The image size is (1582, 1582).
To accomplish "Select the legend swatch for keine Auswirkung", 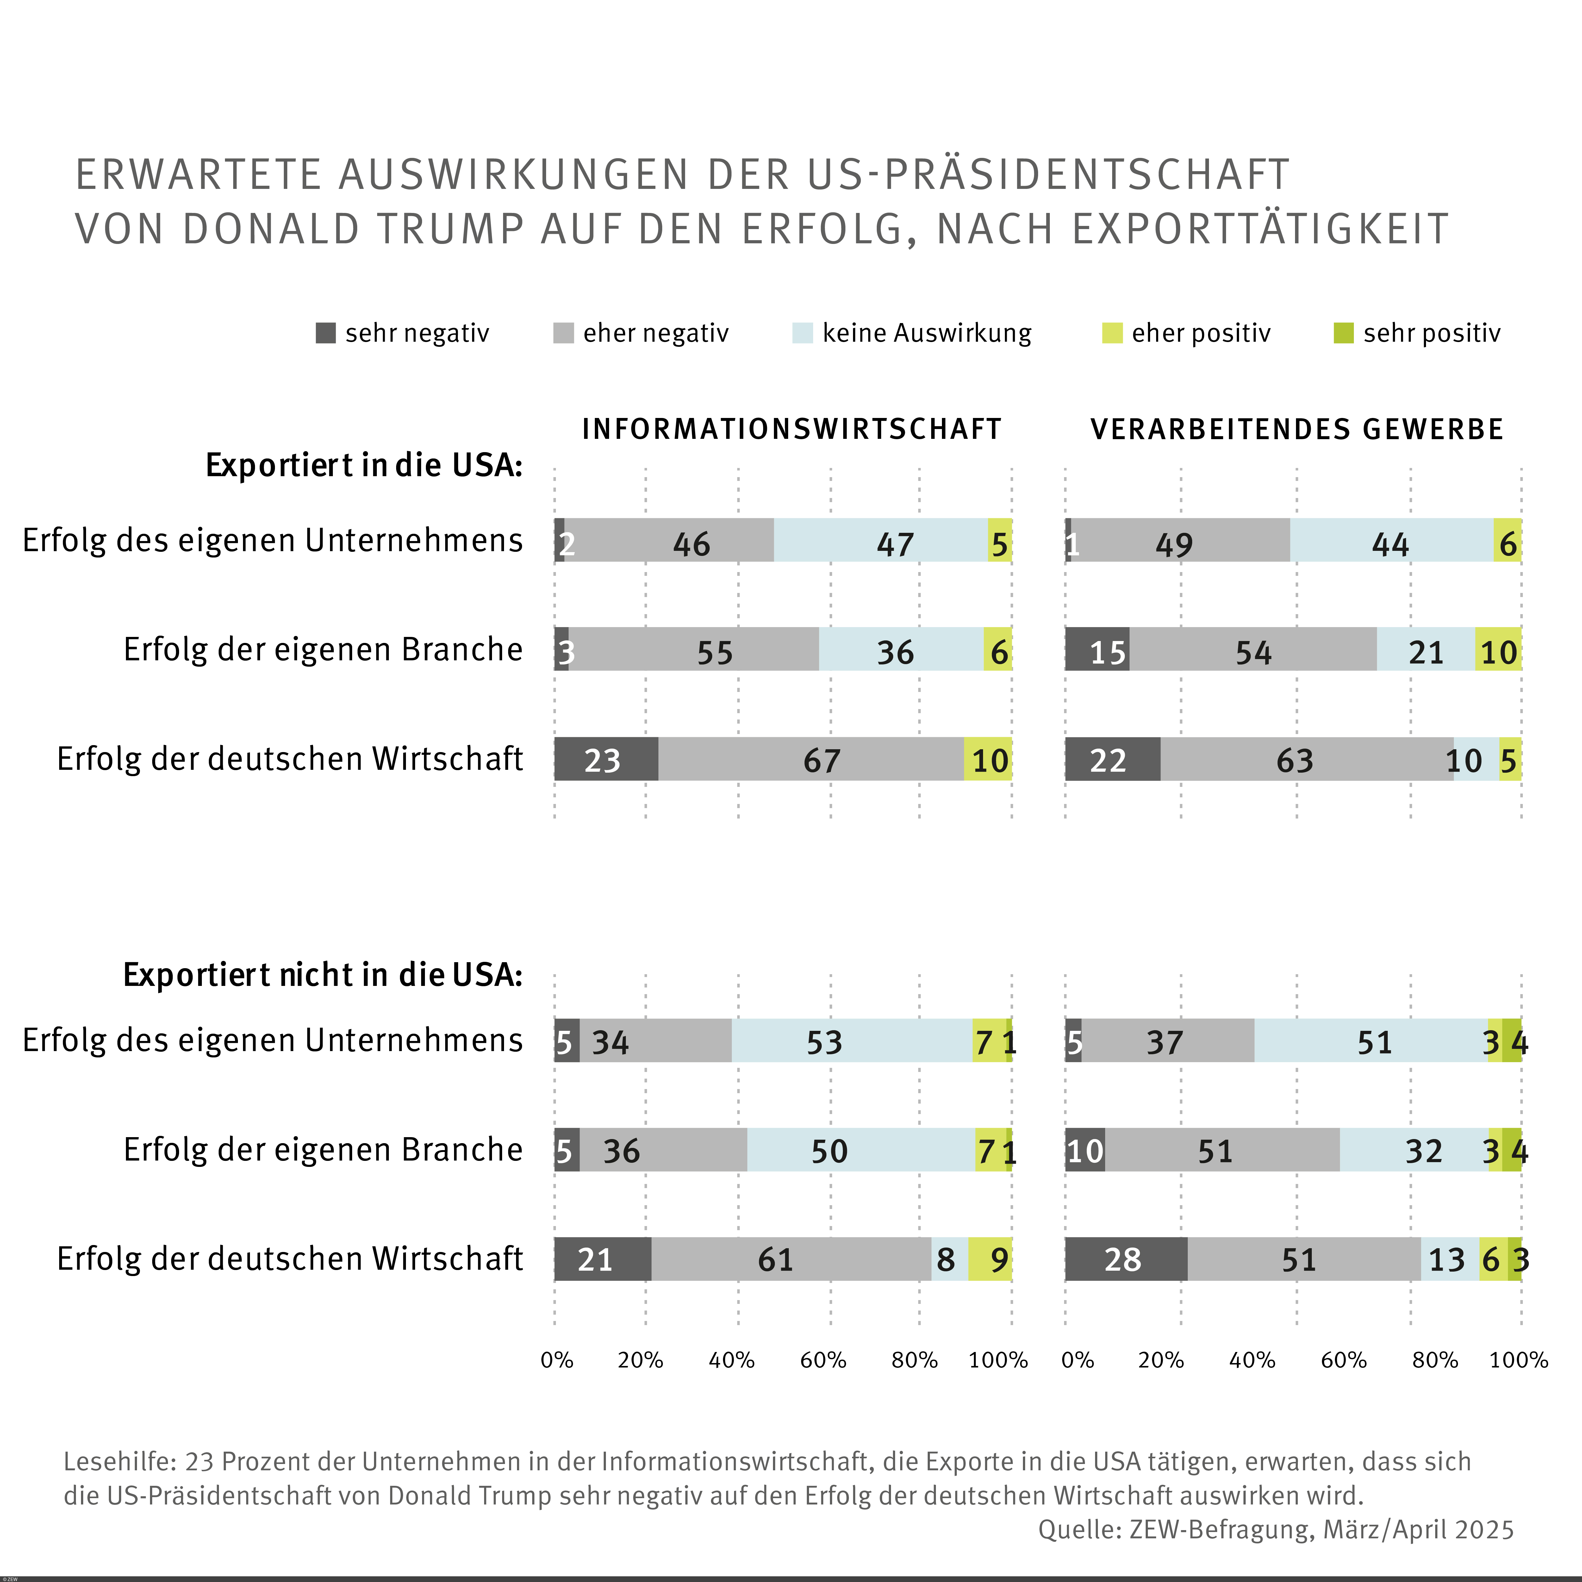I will coord(802,333).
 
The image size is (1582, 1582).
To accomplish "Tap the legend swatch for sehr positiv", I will coord(1344,333).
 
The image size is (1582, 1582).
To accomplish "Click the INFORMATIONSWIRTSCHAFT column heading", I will coord(792,429).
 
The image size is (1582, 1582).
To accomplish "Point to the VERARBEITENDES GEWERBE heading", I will coord(1297,429).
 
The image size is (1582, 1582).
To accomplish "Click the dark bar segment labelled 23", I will coord(606,759).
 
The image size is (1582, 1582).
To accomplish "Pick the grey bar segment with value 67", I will coord(811,759).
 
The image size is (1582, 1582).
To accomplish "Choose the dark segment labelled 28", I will coord(1126,1259).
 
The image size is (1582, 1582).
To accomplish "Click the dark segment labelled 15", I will coord(1097,649).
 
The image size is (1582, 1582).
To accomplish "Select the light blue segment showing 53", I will coord(852,1041).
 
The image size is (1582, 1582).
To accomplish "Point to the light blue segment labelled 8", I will coord(949,1259).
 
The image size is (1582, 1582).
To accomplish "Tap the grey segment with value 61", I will coord(791,1259).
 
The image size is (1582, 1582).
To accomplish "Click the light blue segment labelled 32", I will coord(1414,1150).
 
